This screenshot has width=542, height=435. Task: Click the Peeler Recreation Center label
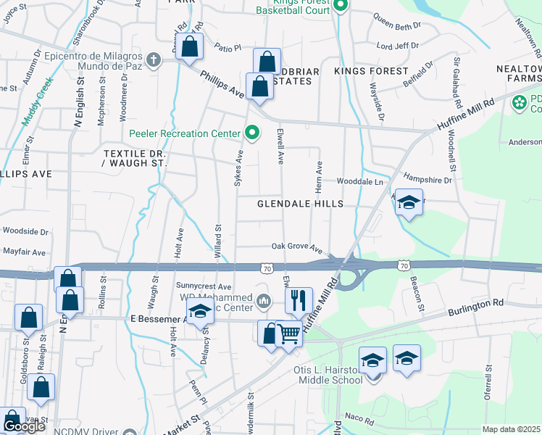(x=184, y=133)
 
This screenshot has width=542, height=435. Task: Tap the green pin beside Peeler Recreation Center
(x=251, y=133)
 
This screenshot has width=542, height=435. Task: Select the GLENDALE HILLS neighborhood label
(x=300, y=204)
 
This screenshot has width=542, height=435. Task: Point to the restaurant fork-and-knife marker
(x=299, y=299)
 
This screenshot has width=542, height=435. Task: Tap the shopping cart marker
(x=288, y=334)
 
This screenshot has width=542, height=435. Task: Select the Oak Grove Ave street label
(x=296, y=247)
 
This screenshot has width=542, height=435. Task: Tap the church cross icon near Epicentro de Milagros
(x=152, y=60)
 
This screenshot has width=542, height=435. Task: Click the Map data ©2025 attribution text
(x=512, y=429)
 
